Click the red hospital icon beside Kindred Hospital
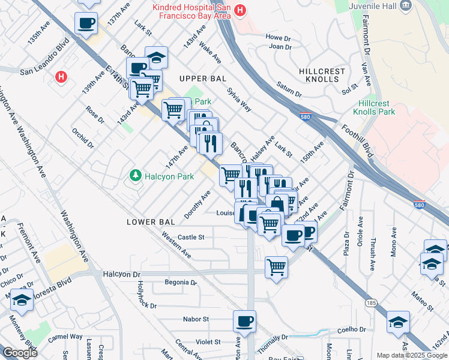click(x=240, y=10)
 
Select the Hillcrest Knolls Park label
click(x=373, y=107)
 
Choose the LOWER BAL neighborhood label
click(x=151, y=222)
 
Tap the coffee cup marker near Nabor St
click(x=244, y=322)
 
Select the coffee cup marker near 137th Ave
click(x=86, y=23)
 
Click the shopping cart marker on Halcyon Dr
click(x=276, y=266)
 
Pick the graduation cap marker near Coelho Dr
click(x=399, y=322)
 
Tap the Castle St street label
click(x=191, y=238)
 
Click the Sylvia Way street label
click(x=239, y=99)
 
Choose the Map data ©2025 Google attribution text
click(x=411, y=355)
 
